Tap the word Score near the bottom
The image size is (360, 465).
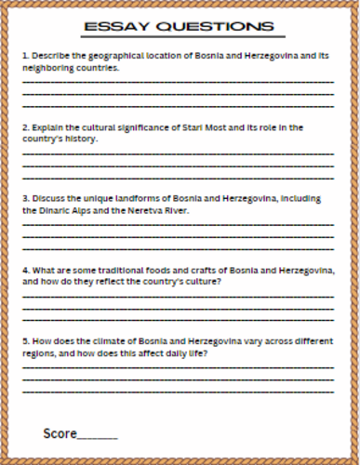[59, 434]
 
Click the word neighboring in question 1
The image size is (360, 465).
[45, 68]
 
